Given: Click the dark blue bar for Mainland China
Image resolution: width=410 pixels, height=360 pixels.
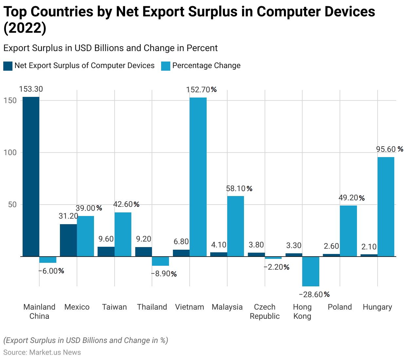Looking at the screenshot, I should [x=31, y=177].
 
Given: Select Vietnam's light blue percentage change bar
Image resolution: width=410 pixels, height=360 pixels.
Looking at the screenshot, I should [x=198, y=177].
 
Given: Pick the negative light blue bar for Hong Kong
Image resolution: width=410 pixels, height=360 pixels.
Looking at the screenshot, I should [x=310, y=271].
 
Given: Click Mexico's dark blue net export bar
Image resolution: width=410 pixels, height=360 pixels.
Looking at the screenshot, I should [x=68, y=240].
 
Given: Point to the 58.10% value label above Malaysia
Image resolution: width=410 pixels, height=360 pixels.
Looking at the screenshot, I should [x=239, y=189].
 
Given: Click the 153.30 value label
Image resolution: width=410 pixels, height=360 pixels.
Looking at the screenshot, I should [x=31, y=89].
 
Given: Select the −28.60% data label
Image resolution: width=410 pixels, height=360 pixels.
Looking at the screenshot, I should [x=314, y=295].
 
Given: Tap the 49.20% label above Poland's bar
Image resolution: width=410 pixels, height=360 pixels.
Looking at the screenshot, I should [x=352, y=198].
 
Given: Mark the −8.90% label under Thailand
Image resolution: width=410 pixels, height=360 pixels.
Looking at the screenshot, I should [x=164, y=274].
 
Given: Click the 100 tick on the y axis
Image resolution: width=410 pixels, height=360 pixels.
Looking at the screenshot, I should [x=10, y=153].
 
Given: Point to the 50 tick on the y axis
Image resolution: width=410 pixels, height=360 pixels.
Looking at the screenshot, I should [x=12, y=205].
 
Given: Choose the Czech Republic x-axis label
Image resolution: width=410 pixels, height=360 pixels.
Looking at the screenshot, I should [x=265, y=312].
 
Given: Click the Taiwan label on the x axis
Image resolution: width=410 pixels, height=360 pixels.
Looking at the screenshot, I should [x=114, y=307].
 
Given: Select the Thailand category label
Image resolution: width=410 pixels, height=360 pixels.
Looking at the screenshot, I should [x=152, y=307].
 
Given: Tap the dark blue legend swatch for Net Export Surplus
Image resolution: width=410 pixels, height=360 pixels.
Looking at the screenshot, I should [x=8, y=66].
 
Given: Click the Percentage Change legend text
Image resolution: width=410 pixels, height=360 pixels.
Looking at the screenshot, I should [x=206, y=66].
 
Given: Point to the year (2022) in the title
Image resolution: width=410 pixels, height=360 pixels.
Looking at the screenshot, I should [x=25, y=28].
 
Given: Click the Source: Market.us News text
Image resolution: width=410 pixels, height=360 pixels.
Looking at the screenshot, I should [x=42, y=352].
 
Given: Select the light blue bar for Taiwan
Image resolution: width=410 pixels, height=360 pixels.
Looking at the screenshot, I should [x=123, y=234].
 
